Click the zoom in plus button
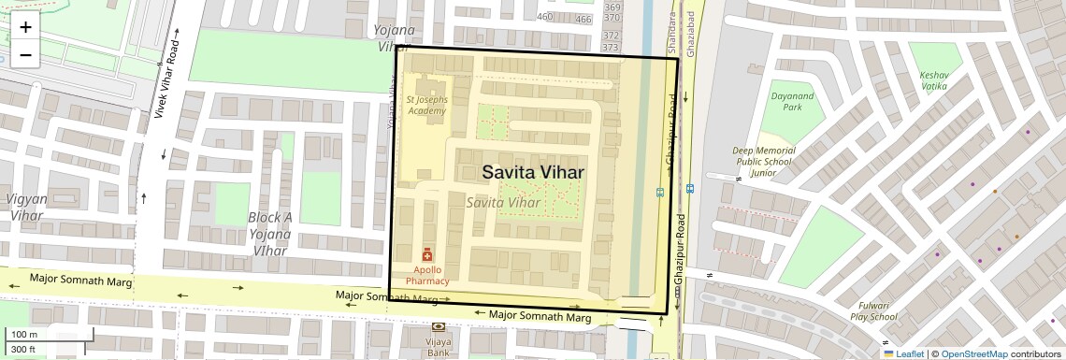pyautogui.click(x=25, y=27)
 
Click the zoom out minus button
pyautogui.click(x=25, y=55)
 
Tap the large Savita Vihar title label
pyautogui.click(x=533, y=172)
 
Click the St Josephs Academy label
pyautogui.click(x=426, y=105)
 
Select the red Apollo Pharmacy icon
pyautogui.click(x=427, y=254)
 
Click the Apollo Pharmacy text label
pyautogui.click(x=426, y=275)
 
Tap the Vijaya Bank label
pyautogui.click(x=439, y=348)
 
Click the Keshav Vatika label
pyautogui.click(x=933, y=80)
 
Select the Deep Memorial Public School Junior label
pyautogui.click(x=764, y=162)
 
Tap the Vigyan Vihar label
pyautogui.click(x=26, y=207)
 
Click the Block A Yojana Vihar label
pyautogui.click(x=270, y=234)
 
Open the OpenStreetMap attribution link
pyautogui.click(x=973, y=353)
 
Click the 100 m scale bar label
pyautogui.click(x=24, y=335)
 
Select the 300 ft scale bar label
pyautogui.click(x=23, y=350)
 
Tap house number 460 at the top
pyautogui.click(x=545, y=18)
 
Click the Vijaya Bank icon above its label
pyautogui.click(x=439, y=326)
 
